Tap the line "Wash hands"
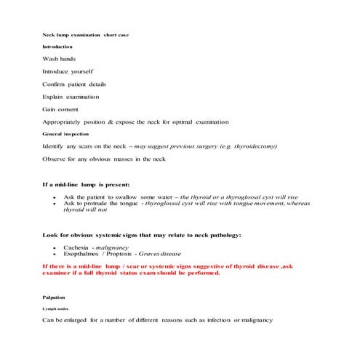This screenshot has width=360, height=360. click(x=59, y=59)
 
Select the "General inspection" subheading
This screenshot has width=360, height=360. click(x=65, y=134)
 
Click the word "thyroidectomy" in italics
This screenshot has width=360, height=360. click(x=251, y=146)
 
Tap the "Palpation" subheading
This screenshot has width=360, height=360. click(x=54, y=297)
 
